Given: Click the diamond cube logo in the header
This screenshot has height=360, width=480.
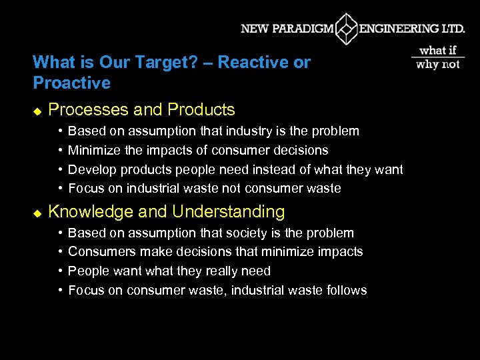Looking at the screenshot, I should pyautogui.click(x=346, y=29).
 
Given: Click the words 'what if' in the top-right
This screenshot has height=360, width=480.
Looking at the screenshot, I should pyautogui.click(x=438, y=50).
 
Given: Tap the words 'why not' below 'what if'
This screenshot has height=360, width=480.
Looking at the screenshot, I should pyautogui.click(x=438, y=64).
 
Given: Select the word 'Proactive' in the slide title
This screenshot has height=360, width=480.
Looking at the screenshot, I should pyautogui.click(x=71, y=83).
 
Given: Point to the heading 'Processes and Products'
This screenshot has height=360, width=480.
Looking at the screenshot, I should pyautogui.click(x=142, y=109).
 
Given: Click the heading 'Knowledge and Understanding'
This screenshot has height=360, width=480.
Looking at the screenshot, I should pyautogui.click(x=167, y=212).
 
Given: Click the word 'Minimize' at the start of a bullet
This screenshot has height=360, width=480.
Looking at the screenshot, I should pyautogui.click(x=95, y=150).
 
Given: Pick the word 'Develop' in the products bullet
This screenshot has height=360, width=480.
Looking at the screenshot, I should pyautogui.click(x=93, y=169).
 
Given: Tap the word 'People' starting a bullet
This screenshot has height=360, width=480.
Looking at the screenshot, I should pyautogui.click(x=87, y=271).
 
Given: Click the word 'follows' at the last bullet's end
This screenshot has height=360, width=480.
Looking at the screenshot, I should pyautogui.click(x=347, y=290).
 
